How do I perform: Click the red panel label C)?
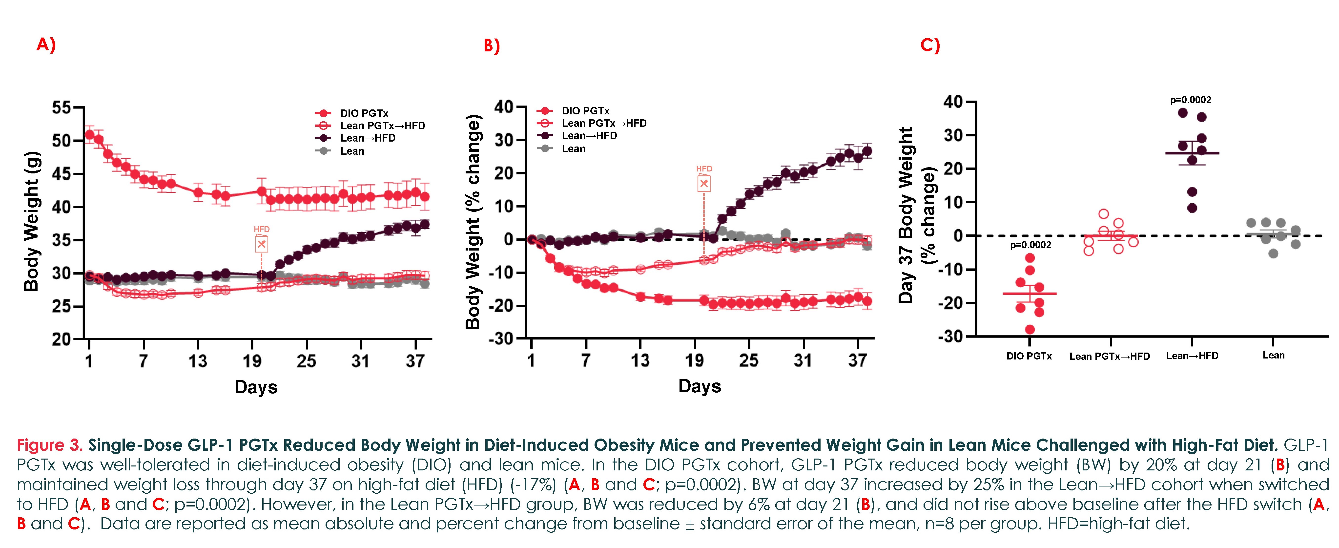pyautogui.click(x=930, y=45)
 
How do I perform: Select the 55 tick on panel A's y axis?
pyautogui.click(x=61, y=108)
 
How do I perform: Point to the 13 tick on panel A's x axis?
pyautogui.click(x=198, y=361)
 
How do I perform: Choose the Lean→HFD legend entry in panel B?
pyautogui.click(x=589, y=136)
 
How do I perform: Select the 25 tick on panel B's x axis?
pyautogui.click(x=748, y=360)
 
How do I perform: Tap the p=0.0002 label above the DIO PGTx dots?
pyautogui.click(x=1030, y=245)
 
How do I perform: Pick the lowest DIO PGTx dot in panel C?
pyautogui.click(x=1030, y=329)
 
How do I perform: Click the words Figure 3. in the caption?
pyautogui.click(x=49, y=445)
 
